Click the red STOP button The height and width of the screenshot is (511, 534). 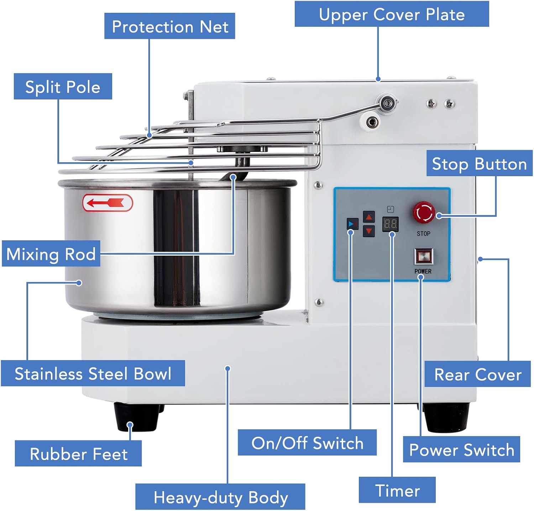(424, 213)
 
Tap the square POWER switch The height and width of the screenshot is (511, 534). (423, 256)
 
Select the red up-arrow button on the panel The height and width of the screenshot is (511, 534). (369, 216)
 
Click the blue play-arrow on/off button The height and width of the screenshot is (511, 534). (352, 224)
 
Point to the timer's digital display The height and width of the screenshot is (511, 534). (390, 224)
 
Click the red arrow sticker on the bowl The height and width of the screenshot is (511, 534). (108, 203)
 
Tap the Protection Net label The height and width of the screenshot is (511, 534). (170, 26)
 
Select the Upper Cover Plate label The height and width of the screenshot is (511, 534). (392, 14)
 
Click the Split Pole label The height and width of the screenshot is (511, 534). (63, 87)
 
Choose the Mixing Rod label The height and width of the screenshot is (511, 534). (51, 254)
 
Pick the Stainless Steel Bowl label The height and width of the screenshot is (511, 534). (93, 373)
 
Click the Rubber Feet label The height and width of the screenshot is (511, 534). (78, 454)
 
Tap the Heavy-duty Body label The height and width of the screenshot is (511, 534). (220, 497)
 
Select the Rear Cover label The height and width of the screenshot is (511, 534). (477, 374)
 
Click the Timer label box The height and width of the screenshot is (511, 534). (397, 490)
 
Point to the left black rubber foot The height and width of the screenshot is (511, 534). (136, 417)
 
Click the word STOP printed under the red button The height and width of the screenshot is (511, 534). (423, 234)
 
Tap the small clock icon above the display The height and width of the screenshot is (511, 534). (390, 209)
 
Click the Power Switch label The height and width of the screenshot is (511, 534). (461, 450)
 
